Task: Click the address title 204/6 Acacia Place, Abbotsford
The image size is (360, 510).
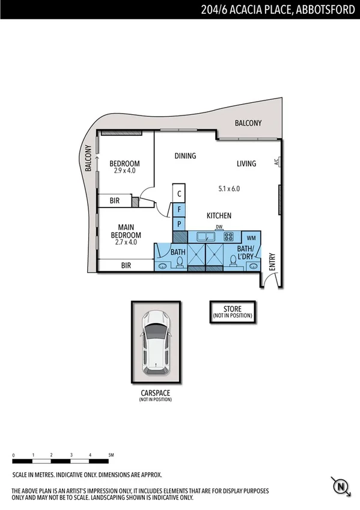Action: pos(278,9)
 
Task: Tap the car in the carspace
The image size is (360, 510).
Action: pos(156,341)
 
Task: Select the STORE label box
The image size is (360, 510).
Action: pos(232,312)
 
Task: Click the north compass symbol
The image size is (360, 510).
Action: pos(340,485)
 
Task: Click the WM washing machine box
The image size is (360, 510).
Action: pos(251,238)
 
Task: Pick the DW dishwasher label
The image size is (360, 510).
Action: pos(219,227)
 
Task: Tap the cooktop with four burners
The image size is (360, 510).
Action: pos(229,237)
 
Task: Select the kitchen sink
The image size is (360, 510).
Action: pos(205,236)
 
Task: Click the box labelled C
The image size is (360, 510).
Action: pos(179,194)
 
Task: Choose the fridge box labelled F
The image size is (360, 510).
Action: pos(179,209)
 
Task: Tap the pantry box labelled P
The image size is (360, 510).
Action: pos(179,224)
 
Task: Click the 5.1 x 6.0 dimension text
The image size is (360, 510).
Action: pos(229,188)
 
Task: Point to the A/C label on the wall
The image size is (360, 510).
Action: pos(276,162)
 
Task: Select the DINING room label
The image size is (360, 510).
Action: pos(185,156)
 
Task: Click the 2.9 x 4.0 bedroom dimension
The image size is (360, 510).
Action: pos(124,171)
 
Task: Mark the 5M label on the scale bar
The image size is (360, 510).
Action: pos(111,455)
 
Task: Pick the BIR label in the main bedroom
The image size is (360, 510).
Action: pos(126,265)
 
